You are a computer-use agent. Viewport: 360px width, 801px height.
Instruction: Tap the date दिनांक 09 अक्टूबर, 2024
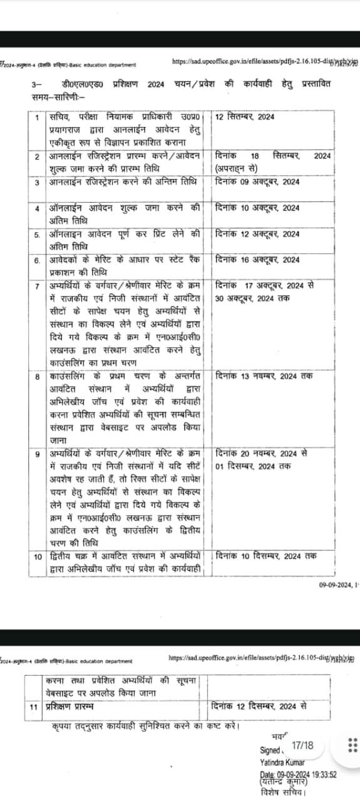click(257, 182)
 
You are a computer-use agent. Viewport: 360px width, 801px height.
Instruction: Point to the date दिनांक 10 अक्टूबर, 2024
click(257, 208)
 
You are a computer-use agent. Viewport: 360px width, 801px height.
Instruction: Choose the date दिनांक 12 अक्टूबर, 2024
click(257, 234)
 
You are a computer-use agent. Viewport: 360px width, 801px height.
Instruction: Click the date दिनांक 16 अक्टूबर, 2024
click(257, 259)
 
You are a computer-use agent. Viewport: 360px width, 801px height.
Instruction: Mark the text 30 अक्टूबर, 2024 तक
click(252, 297)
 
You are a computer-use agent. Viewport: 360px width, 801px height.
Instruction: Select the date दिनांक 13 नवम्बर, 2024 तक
click(264, 375)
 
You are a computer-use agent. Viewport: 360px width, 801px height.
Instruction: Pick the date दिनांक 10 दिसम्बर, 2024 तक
click(266, 556)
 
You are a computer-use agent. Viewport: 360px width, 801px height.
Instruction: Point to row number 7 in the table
click(38, 285)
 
